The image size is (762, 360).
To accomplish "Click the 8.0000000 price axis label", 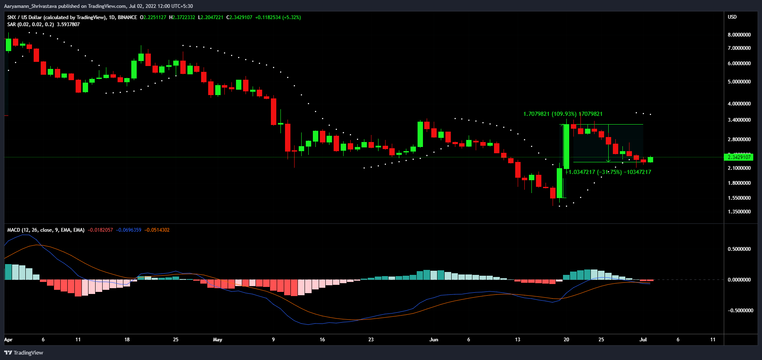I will (x=739, y=35).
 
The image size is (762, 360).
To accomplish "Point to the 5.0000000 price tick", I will (x=739, y=82).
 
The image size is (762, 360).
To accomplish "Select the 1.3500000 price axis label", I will (x=739, y=212).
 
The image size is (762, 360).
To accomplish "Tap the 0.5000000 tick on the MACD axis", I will (x=739, y=249).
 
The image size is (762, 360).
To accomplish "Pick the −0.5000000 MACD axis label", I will (x=740, y=311).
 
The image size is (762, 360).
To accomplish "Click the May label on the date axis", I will (x=217, y=340).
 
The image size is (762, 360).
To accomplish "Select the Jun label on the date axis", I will (x=433, y=340).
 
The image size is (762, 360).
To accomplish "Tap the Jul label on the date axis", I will (x=643, y=340).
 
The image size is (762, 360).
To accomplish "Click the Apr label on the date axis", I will (x=8, y=340).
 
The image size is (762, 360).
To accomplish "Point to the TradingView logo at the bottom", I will (x=24, y=353).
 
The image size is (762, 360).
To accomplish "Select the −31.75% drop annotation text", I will (x=610, y=172).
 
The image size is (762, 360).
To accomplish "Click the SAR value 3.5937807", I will (x=68, y=24).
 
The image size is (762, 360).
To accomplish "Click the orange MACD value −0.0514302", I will (x=157, y=230).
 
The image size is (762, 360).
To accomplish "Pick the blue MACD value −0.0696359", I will (x=128, y=230).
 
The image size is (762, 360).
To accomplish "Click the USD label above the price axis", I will (x=732, y=17).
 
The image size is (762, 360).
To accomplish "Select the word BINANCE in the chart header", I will (x=127, y=17).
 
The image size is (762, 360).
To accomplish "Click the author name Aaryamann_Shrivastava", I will (x=30, y=6).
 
